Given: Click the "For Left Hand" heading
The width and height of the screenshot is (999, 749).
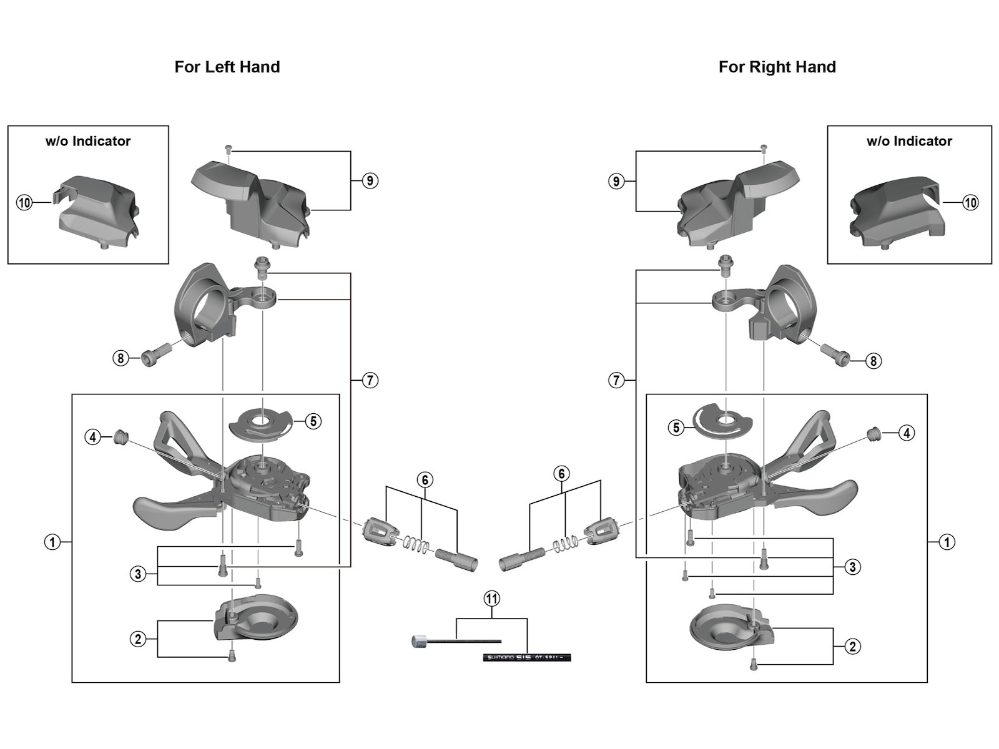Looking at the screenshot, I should click(x=227, y=67).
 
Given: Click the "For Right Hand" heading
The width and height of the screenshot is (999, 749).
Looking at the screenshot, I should click(x=777, y=67).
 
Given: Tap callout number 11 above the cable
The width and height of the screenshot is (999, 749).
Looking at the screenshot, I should click(x=492, y=599).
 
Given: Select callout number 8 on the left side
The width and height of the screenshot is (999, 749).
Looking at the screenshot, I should click(x=121, y=358).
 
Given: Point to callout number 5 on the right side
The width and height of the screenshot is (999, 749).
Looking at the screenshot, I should click(x=676, y=428).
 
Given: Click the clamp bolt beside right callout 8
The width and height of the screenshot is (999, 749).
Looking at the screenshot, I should click(x=836, y=353).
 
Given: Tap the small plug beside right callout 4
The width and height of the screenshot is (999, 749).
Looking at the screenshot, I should click(x=875, y=432).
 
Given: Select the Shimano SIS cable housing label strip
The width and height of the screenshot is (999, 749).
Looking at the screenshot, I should click(x=526, y=657).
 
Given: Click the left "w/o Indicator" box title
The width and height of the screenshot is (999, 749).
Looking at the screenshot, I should click(x=88, y=141).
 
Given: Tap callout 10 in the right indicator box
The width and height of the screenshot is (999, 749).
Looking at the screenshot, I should click(x=970, y=202).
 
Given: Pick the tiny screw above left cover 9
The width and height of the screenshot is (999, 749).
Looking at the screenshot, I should click(x=229, y=150).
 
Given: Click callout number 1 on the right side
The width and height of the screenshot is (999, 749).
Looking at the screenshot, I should click(x=947, y=542).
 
